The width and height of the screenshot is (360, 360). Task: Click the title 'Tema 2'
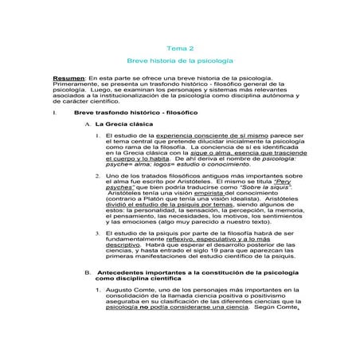[x=179, y=48]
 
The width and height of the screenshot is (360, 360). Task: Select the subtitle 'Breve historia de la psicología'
[x=179, y=61]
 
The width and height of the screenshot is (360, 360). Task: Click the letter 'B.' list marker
[x=88, y=272]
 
